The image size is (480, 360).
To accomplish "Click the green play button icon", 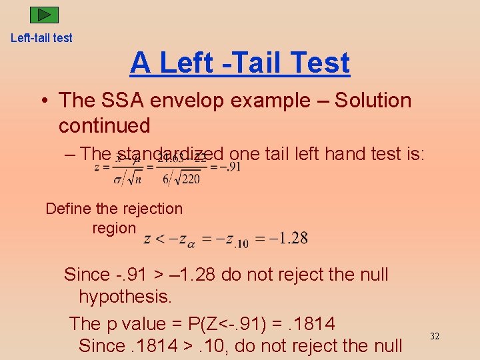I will tap(45, 15).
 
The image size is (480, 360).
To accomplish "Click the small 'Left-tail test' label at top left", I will tap(41, 38).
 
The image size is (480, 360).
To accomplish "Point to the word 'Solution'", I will tap(373, 101).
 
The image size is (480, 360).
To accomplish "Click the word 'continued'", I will tap(104, 125).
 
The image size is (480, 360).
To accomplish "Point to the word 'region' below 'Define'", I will tap(114, 228).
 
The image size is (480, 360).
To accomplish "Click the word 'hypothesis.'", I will tap(125, 297).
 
